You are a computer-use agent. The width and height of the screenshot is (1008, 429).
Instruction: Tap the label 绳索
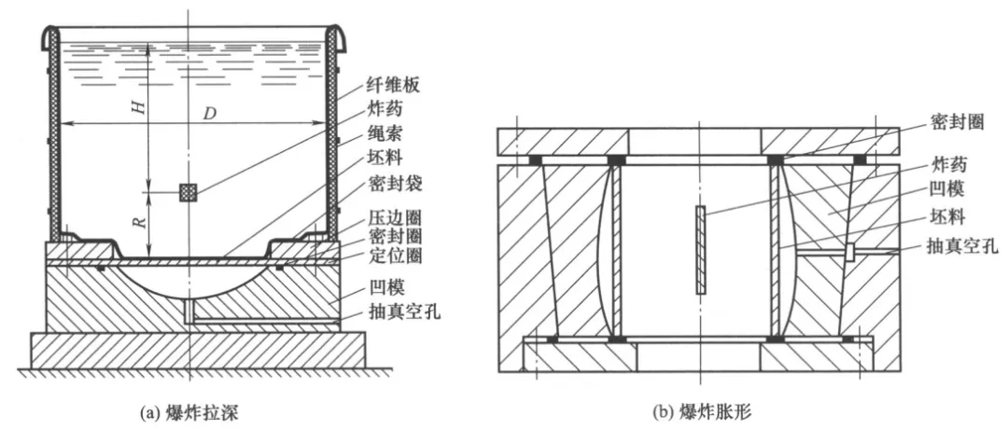click(x=385, y=133)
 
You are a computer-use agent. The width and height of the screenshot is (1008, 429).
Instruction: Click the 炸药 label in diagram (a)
click(x=385, y=109)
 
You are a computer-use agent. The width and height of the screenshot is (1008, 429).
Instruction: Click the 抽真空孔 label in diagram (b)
click(x=960, y=247)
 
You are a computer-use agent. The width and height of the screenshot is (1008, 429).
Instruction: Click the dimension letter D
click(x=211, y=114)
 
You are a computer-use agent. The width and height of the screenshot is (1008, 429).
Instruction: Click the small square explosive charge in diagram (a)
click(x=189, y=192)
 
